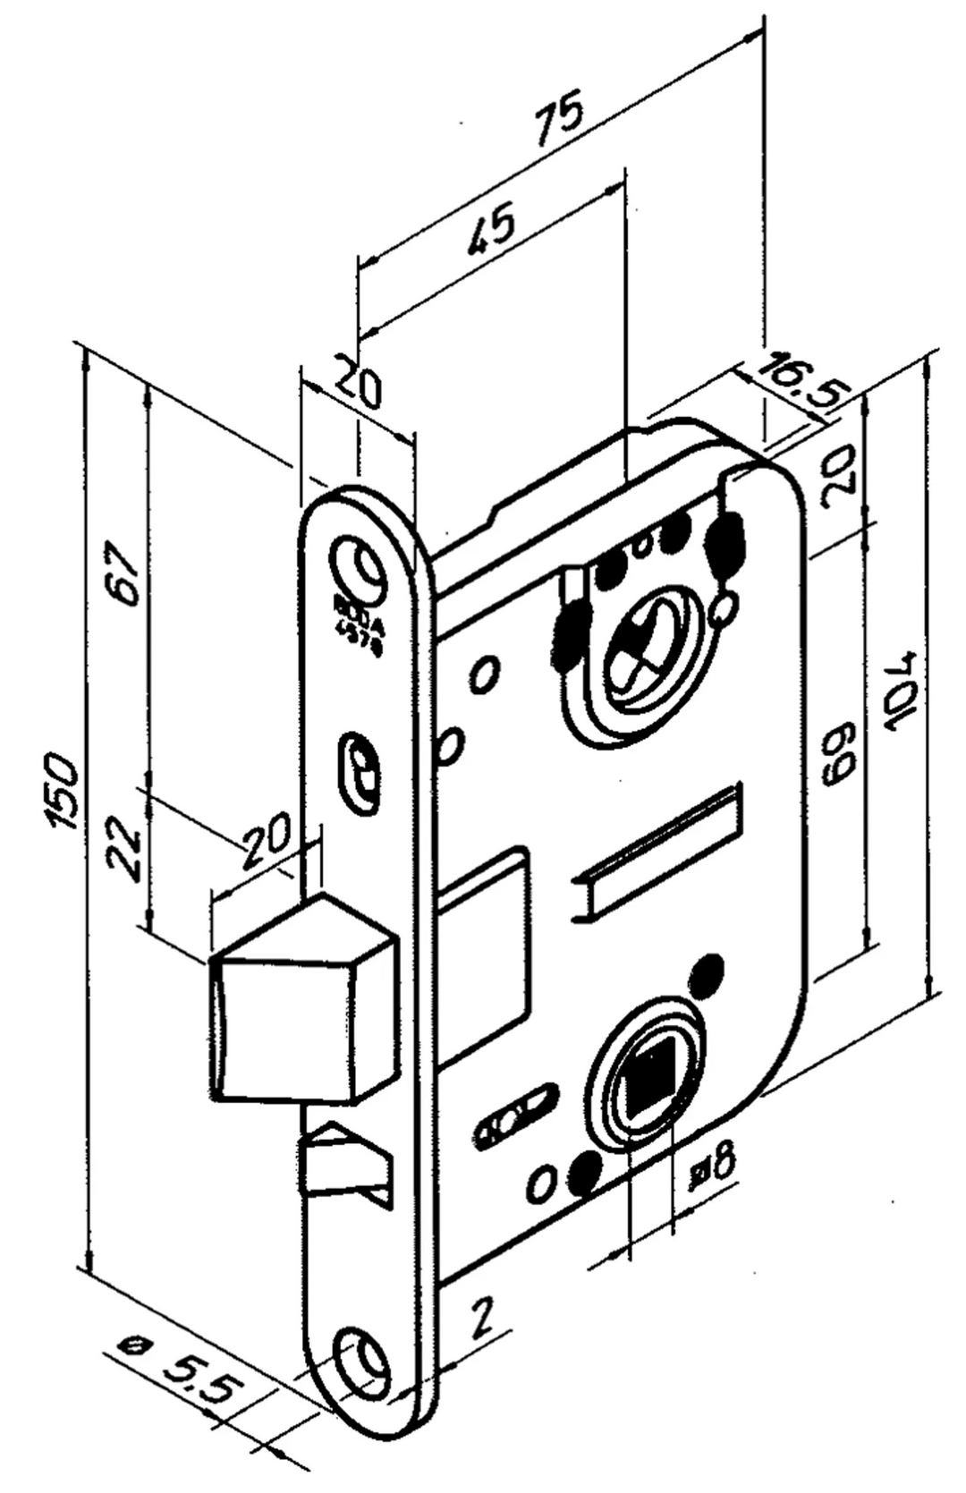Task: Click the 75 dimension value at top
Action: tap(560, 116)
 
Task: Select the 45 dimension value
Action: tap(490, 228)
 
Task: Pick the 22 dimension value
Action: tap(124, 847)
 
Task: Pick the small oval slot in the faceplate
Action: tap(360, 768)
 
